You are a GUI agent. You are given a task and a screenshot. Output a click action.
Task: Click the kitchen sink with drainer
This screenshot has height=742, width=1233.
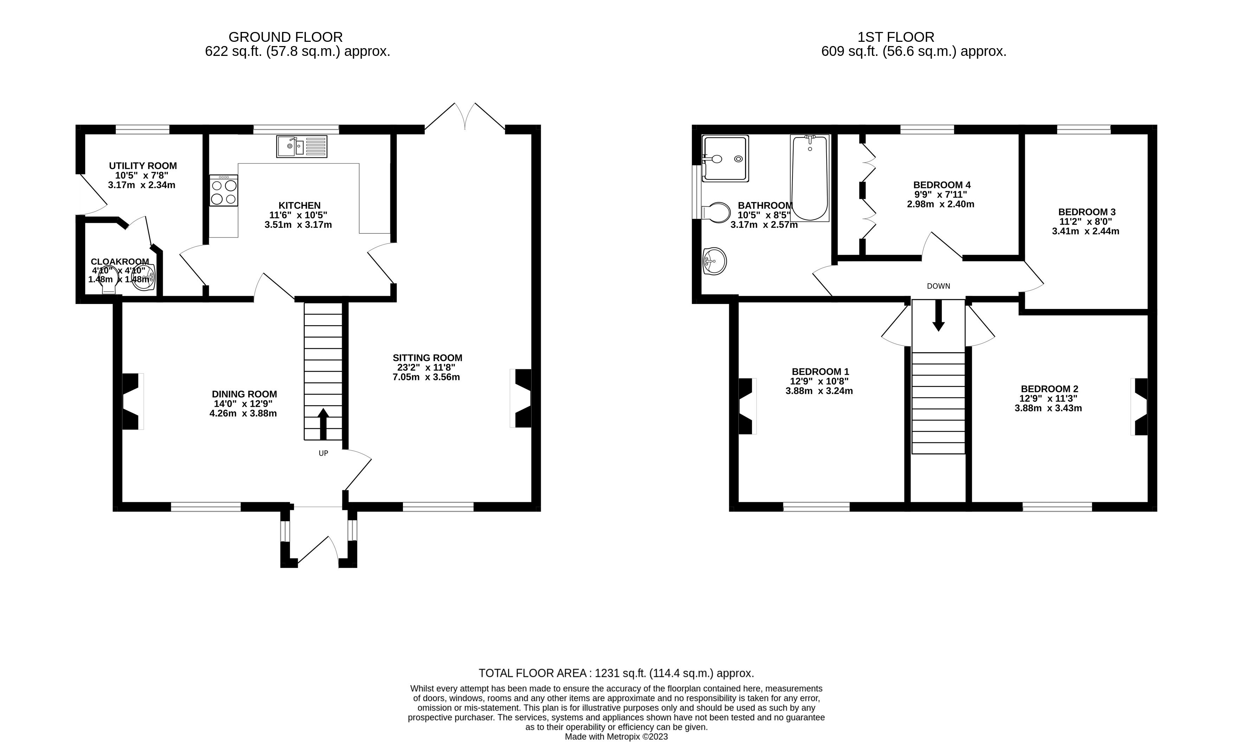[302, 146]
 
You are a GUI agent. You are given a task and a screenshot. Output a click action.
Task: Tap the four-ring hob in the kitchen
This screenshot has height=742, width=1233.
[224, 191]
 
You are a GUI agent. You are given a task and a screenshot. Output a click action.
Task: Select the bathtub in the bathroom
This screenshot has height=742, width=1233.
[809, 178]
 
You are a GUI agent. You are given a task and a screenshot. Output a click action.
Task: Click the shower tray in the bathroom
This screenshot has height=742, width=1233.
[726, 159]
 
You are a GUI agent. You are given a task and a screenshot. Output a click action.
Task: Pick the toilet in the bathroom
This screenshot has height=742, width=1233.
[716, 212]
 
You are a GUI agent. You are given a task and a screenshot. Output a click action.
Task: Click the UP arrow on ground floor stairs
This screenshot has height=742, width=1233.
[323, 424]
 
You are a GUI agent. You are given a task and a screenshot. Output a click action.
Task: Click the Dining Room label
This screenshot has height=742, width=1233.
[244, 394]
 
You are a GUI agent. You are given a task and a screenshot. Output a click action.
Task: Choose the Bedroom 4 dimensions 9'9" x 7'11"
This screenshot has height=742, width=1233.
[940, 194]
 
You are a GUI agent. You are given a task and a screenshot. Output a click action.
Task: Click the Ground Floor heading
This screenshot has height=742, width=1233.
[285, 37]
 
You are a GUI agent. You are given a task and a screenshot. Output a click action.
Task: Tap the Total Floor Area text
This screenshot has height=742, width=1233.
[616, 673]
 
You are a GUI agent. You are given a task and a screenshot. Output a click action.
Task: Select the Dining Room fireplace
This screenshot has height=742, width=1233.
[133, 401]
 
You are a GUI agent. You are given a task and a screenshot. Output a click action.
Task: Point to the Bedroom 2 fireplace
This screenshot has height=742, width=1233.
[1139, 406]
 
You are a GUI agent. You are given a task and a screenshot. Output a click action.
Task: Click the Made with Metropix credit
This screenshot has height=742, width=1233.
[616, 736]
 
